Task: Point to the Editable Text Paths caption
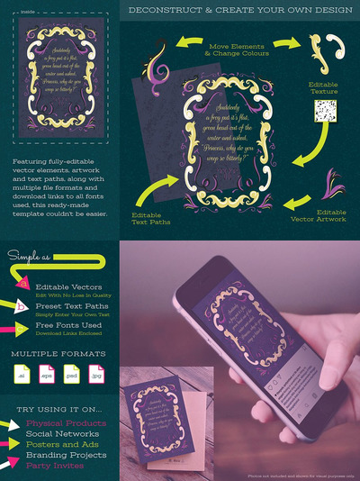[155, 220]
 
